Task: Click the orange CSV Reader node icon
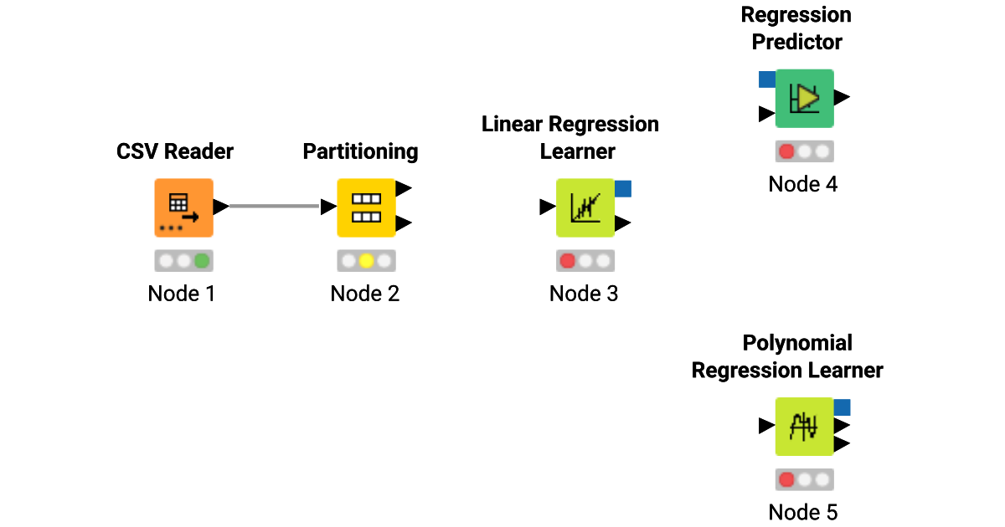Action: click(183, 207)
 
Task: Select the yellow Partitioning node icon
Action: click(366, 207)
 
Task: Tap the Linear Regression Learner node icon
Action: click(585, 207)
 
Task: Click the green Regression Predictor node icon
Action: click(804, 98)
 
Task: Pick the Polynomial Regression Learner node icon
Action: click(804, 426)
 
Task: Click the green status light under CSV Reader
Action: click(202, 261)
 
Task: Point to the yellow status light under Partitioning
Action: click(366, 261)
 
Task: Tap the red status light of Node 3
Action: click(567, 261)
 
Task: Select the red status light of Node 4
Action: click(786, 151)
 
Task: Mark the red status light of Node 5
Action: click(786, 479)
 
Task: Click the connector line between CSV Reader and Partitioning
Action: click(275, 207)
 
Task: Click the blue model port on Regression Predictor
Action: click(766, 79)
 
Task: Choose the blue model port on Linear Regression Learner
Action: click(622, 189)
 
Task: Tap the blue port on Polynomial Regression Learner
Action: click(842, 407)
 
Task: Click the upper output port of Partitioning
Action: click(403, 189)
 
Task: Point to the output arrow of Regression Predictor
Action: click(842, 98)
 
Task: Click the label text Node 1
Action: click(182, 294)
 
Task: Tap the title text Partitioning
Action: click(360, 151)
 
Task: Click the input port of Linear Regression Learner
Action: click(547, 207)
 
